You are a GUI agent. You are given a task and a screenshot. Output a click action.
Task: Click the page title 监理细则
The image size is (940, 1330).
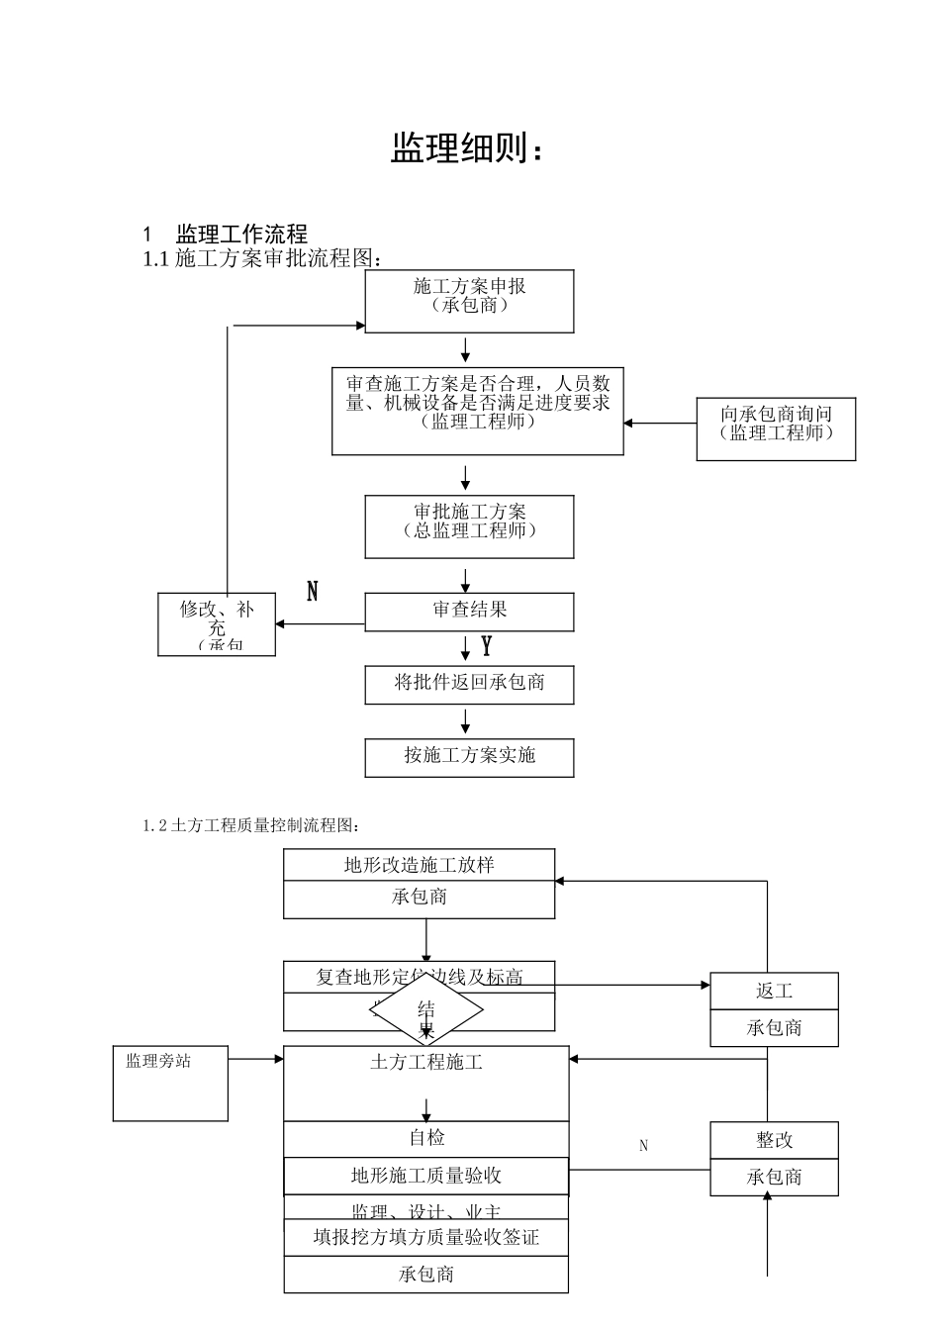[467, 148]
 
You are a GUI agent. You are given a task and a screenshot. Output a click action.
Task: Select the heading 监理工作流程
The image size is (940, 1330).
[241, 235]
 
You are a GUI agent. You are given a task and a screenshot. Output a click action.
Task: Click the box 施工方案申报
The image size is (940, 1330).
[469, 301]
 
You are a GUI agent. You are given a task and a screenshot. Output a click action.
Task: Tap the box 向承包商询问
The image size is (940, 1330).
[776, 428]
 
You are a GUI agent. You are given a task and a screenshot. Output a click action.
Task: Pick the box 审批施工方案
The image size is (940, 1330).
[469, 526]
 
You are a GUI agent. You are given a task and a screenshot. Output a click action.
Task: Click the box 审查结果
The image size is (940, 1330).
[469, 612]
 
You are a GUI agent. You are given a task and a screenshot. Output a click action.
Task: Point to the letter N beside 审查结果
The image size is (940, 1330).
[313, 592]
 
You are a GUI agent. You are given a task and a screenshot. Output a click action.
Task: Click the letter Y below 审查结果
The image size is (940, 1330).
[486, 647]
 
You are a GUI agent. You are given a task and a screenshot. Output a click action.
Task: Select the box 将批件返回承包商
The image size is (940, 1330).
[469, 684]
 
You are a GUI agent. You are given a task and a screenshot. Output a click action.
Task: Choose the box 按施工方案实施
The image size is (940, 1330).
[469, 757]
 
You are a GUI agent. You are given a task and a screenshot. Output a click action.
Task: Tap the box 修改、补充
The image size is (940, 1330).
[217, 623]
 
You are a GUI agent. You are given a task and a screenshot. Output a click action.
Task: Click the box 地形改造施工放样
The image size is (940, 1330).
[419, 866]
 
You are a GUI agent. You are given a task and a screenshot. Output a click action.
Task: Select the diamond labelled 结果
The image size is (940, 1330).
[426, 1011]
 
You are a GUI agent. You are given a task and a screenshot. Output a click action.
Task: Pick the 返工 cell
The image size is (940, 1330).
[774, 992]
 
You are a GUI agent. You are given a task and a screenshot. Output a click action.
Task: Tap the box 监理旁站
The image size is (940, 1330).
[170, 1083]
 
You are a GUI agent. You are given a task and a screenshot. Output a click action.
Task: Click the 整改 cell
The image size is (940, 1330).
[774, 1140]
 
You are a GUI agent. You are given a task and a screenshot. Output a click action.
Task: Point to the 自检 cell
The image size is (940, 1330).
[426, 1138]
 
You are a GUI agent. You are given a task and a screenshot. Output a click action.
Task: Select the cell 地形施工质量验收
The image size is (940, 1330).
[426, 1176]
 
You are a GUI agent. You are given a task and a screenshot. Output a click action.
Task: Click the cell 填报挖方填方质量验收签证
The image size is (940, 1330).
[426, 1237]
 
